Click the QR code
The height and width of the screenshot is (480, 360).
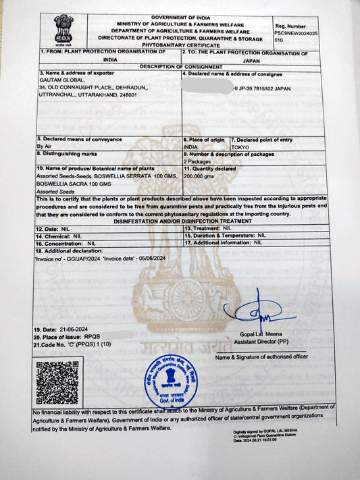57,382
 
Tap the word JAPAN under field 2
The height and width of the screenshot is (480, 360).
251,60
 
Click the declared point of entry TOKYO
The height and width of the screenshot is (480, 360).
240,146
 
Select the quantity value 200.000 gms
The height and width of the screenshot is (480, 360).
199,176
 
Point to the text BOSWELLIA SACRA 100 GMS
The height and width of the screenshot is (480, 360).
74,184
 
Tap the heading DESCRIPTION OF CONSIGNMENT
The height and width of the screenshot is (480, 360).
180,66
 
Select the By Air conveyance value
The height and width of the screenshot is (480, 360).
45,146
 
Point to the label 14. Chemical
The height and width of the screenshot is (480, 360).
55,236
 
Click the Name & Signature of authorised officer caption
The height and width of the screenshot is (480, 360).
261,357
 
